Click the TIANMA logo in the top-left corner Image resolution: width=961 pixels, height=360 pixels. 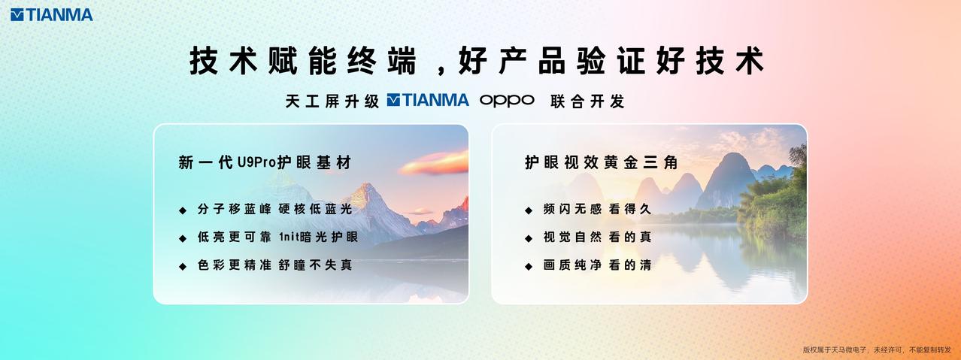pyautogui.click(x=52, y=14)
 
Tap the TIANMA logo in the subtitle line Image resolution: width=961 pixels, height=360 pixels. pyautogui.click(x=428, y=100)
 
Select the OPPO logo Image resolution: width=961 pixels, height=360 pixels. pyautogui.click(x=507, y=100)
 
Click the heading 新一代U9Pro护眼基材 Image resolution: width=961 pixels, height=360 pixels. pyautogui.click(x=265, y=162)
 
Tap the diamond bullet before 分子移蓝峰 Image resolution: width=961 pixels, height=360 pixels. pyautogui.click(x=182, y=210)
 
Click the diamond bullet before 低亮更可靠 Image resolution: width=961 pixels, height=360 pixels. pyautogui.click(x=182, y=238)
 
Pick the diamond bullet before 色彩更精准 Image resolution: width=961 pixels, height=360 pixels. pyautogui.click(x=182, y=266)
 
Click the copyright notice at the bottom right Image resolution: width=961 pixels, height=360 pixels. pyautogui.click(x=877, y=349)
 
